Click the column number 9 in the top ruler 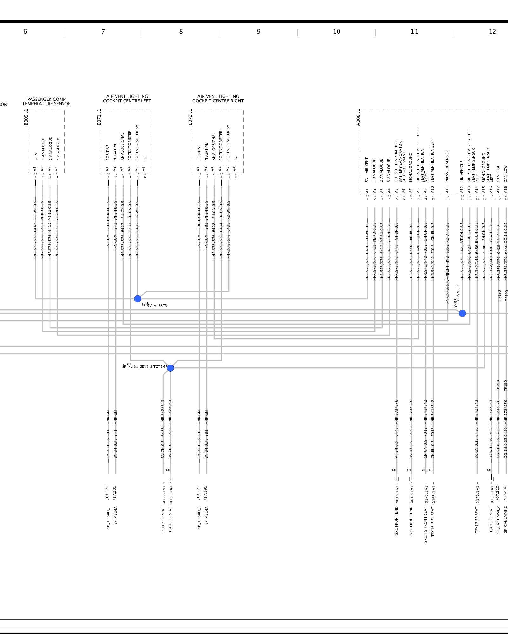(x=259, y=32)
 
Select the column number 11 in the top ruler (x=414, y=32)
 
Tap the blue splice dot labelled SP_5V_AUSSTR (x=137, y=299)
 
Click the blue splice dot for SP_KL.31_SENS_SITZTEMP (x=170, y=368)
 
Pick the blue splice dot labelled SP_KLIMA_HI (x=462, y=313)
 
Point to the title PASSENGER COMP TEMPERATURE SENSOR (x=46, y=101)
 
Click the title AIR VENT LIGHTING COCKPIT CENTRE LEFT (x=127, y=99)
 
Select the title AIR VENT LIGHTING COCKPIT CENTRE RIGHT (x=218, y=99)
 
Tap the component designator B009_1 (x=26, y=117)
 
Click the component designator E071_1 (x=99, y=117)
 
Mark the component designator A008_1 (x=358, y=117)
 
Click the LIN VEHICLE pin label (x=462, y=171)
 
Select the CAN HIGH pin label (x=498, y=173)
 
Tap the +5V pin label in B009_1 (x=36, y=156)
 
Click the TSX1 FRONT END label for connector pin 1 (x=397, y=521)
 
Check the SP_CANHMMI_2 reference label (x=498, y=520)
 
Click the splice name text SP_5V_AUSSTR (x=154, y=306)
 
